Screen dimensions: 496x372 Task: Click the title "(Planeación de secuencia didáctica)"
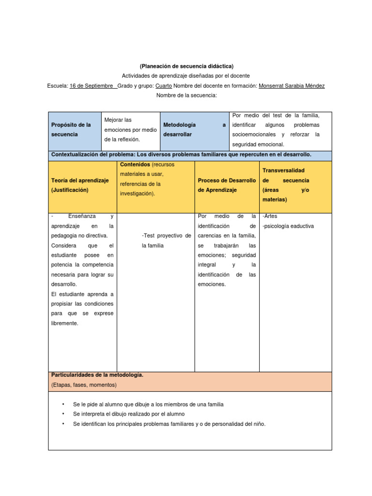click(186, 66)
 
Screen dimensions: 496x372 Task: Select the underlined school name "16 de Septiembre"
click(93, 86)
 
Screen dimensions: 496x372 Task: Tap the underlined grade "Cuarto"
click(163, 86)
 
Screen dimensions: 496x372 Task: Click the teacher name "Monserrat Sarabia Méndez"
click(292, 86)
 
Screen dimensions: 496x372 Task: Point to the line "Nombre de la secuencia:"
click(186, 95)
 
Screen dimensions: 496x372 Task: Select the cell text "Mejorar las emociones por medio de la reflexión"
click(130, 129)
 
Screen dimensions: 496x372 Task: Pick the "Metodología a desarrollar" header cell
click(194, 129)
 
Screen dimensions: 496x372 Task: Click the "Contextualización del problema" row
click(181, 155)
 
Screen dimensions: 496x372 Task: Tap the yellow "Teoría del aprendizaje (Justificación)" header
click(80, 185)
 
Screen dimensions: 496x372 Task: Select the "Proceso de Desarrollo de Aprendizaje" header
click(227, 185)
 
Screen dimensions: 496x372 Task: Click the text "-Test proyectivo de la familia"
click(166, 240)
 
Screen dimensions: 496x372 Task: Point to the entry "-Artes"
click(270, 216)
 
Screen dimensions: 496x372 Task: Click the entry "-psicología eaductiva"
click(288, 226)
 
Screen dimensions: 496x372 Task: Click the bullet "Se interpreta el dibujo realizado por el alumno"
click(128, 414)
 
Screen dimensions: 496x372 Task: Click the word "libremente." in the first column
click(64, 323)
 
